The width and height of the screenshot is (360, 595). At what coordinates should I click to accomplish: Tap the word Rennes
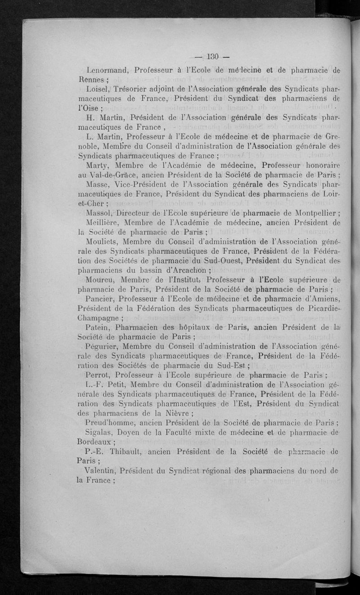point(92,81)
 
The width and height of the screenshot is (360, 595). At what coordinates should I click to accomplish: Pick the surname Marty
point(96,167)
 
